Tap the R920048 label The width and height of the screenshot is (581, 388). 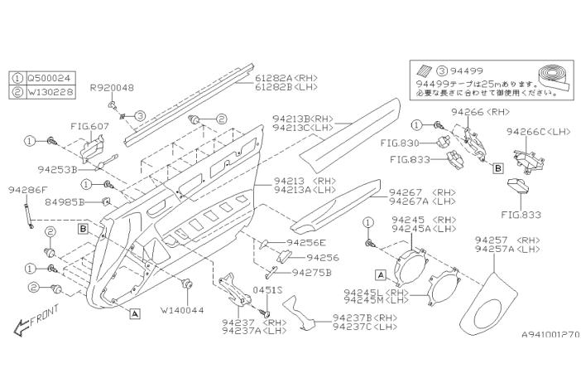tap(112, 87)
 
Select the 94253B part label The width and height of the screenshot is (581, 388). tap(58, 168)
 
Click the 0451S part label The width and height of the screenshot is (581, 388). tap(267, 290)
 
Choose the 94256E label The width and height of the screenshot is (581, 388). tap(306, 243)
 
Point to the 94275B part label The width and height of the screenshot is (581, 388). tap(312, 272)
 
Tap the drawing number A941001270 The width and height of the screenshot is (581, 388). tap(550, 335)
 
